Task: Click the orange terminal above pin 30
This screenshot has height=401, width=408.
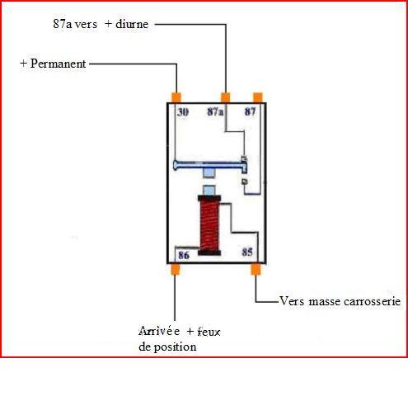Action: tap(176, 97)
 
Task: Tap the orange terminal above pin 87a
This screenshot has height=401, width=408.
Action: tap(225, 97)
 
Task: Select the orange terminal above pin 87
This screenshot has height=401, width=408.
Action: tap(258, 97)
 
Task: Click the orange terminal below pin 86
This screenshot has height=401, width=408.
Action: tap(175, 269)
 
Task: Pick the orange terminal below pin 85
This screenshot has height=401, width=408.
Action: tap(256, 269)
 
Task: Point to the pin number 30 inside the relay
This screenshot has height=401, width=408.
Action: tap(183, 112)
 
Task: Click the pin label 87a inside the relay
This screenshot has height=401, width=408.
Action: tap(215, 111)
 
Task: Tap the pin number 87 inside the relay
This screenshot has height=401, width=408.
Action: tap(250, 111)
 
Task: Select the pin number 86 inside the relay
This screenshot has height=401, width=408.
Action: tap(184, 255)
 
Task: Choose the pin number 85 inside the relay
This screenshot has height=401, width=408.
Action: tap(247, 252)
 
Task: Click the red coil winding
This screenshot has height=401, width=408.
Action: tap(209, 225)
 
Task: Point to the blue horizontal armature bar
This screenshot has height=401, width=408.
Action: tap(210, 165)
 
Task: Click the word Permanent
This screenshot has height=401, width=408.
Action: tap(58, 64)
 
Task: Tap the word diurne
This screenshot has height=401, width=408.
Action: tap(132, 24)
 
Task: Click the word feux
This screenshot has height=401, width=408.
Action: tap(209, 332)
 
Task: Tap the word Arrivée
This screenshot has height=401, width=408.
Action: tap(159, 331)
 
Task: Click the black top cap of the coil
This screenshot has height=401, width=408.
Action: tap(209, 198)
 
